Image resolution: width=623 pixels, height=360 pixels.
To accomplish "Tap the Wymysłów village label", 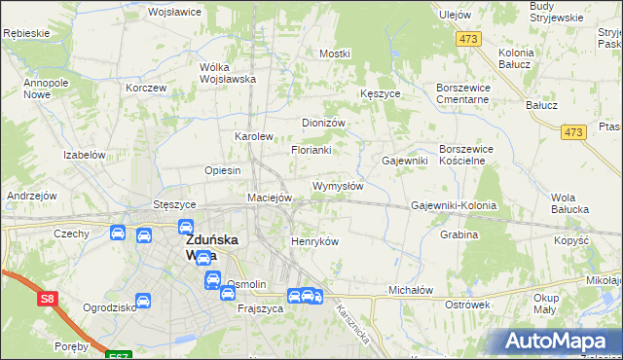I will click(338, 186).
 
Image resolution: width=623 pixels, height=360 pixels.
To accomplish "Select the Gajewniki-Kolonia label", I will click(454, 206).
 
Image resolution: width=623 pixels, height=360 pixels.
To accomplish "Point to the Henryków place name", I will click(314, 241).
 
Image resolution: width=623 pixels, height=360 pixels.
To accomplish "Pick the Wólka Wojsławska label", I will click(227, 73).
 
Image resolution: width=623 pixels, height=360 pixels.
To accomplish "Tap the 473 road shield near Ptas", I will click(573, 131).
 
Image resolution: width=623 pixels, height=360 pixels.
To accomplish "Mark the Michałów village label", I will click(410, 290).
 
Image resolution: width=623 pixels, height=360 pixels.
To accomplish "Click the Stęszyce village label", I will click(175, 205).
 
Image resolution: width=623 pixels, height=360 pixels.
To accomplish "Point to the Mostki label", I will click(334, 54).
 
